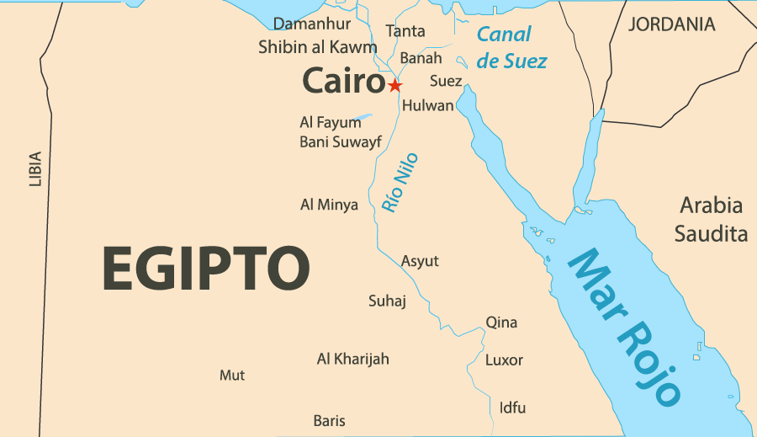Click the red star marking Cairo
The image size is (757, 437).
(394, 85)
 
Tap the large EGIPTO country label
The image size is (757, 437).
(206, 269)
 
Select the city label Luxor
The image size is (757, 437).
(504, 360)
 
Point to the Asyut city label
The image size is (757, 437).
(420, 261)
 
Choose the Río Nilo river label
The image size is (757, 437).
(400, 182)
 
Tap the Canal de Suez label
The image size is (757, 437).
(511, 47)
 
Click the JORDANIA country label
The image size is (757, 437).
(672, 24)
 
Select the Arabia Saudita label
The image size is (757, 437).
(711, 219)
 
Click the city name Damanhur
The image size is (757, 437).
(311, 24)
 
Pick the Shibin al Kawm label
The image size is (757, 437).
(317, 47)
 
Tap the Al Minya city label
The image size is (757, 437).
(329, 205)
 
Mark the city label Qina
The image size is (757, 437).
(501, 322)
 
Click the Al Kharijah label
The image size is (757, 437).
(352, 359)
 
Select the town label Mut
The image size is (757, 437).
(232, 375)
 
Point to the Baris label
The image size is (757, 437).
(329, 420)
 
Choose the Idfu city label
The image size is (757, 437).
(512, 408)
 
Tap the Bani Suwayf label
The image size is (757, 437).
(340, 141)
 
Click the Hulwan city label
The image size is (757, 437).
(427, 106)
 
